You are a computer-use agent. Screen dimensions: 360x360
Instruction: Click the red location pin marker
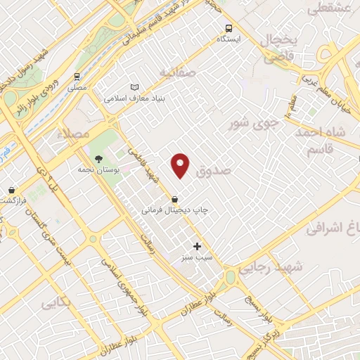pyautogui.click(x=181, y=165)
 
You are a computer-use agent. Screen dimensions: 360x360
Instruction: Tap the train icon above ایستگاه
pyautogui.click(x=228, y=29)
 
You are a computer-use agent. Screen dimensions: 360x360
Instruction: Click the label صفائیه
pyautogui.click(x=175, y=72)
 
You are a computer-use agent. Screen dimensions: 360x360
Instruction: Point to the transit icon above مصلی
pyautogui.click(x=77, y=77)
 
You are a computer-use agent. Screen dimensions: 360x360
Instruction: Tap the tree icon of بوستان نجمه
pyautogui.click(x=98, y=159)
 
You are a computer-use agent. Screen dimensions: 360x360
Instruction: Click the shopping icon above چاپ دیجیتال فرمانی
pyautogui.click(x=174, y=199)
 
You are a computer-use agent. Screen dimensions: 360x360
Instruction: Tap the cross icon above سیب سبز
pyautogui.click(x=197, y=246)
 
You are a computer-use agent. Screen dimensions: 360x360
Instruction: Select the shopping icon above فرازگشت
pyautogui.click(x=12, y=190)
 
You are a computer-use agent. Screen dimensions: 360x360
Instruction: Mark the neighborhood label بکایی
pyautogui.click(x=58, y=304)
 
